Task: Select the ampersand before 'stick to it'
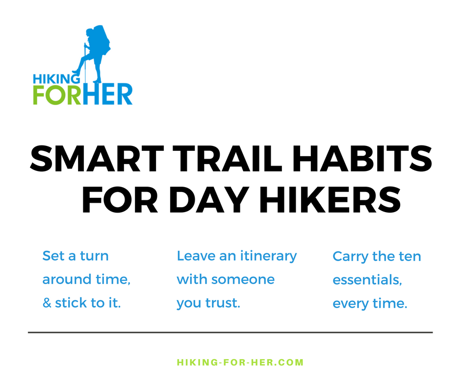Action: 47,303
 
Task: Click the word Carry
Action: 348,257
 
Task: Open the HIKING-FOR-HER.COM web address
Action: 240,363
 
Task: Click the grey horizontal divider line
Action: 230,333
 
